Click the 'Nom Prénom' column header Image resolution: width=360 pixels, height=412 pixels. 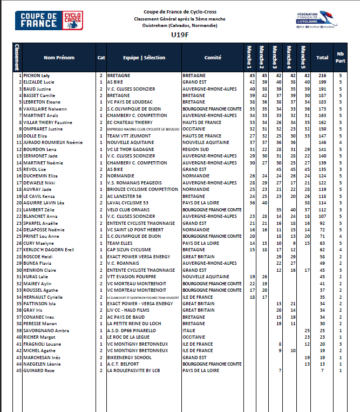(x=59, y=57)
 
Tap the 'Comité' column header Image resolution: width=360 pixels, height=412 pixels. (x=213, y=57)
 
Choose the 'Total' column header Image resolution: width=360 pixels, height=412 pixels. (x=322, y=57)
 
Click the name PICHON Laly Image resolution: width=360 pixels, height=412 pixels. (x=37, y=75)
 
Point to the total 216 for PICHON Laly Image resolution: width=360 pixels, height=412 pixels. (x=323, y=75)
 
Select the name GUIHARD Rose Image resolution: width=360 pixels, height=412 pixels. (x=39, y=370)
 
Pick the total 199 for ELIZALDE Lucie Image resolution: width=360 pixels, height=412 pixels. (x=323, y=81)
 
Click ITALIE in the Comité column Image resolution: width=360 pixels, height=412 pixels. (x=190, y=330)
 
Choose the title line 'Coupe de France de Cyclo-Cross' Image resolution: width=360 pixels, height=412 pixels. (x=180, y=12)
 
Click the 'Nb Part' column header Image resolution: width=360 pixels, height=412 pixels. (x=340, y=57)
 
